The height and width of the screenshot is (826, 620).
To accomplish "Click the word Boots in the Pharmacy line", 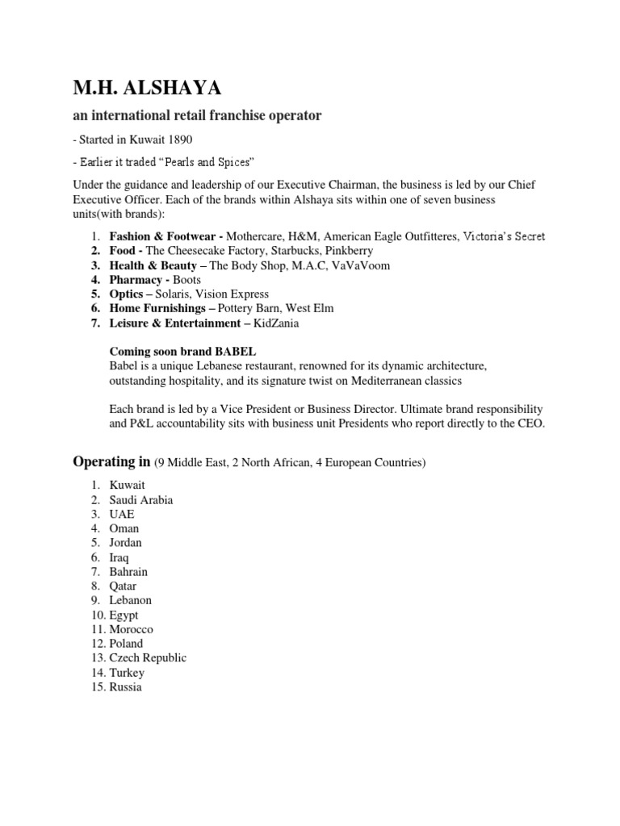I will coord(186,280).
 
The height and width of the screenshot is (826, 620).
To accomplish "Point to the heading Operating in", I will coord(112,462).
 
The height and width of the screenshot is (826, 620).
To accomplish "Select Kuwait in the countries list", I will coord(127,486).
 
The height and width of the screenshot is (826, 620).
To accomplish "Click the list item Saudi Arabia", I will coord(141,500).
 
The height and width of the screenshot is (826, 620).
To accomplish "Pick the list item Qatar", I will coord(124,586).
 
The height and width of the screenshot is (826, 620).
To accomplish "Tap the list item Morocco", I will coord(131,629).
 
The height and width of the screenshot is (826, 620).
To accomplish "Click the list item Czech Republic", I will coord(148,658).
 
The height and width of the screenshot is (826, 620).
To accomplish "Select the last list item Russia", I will coord(125,687).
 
